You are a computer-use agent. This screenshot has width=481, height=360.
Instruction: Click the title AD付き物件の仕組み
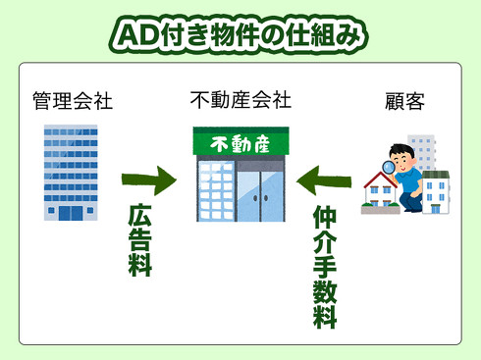point(240,33)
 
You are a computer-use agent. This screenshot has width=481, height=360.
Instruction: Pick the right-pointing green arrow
point(148,180)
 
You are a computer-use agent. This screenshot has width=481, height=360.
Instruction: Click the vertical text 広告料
point(141,240)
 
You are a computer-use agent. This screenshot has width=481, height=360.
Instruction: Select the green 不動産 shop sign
point(240,142)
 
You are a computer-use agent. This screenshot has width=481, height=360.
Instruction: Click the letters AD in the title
point(134,34)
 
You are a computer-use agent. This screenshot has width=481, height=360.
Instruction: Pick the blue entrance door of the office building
point(70,211)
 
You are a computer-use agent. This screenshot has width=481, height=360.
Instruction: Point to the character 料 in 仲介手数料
point(325,316)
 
